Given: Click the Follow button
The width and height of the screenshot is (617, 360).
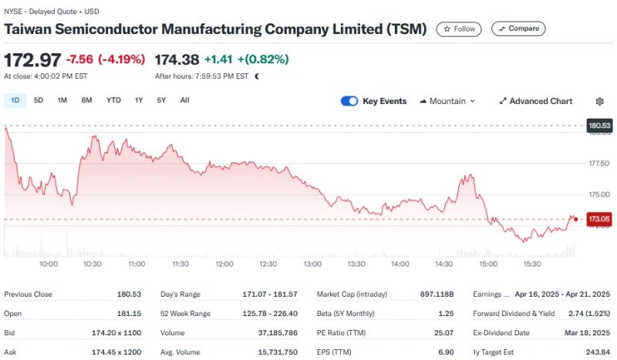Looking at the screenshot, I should pos(459,29).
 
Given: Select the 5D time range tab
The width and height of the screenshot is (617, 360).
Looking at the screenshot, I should pos(39,100).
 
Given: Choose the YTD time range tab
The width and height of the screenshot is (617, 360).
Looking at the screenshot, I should pos(113,100).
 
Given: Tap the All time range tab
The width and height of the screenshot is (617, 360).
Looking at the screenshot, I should pos(184,100).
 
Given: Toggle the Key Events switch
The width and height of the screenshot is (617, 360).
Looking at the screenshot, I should pos(349,101).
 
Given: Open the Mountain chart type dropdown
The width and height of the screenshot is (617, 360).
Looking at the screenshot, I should pos(447,101).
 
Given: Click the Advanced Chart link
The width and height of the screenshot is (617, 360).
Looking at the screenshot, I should pos(536,101).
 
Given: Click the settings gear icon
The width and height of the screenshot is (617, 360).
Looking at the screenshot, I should pos(600,101).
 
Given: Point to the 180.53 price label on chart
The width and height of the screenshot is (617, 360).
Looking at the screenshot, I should pos(599,125).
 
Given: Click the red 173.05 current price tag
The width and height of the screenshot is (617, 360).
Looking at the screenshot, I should pos(599,219).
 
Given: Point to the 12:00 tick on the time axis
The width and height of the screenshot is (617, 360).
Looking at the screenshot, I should pos(224,264).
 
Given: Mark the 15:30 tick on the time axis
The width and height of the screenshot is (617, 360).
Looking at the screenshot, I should pos(531,264).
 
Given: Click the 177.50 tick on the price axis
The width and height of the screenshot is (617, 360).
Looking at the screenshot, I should pos(599,163).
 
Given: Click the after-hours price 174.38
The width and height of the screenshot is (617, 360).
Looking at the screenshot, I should pos(177,59).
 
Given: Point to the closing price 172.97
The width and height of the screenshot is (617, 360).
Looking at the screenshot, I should pos(32,59).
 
